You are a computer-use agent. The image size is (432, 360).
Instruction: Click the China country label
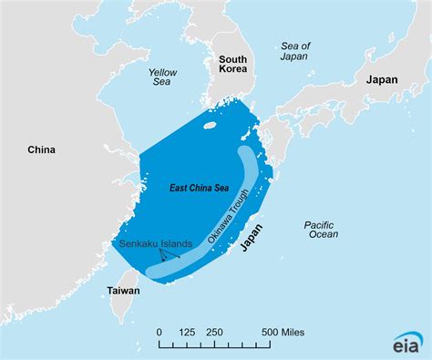(x=42, y=149)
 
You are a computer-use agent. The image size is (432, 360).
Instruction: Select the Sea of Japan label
(x=295, y=53)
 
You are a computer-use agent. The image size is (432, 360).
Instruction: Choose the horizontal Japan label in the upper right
(x=383, y=80)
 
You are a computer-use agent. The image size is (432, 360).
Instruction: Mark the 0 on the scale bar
(x=159, y=332)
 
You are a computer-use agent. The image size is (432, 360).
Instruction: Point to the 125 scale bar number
(x=189, y=332)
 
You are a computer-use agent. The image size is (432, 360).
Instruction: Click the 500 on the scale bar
(x=273, y=332)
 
